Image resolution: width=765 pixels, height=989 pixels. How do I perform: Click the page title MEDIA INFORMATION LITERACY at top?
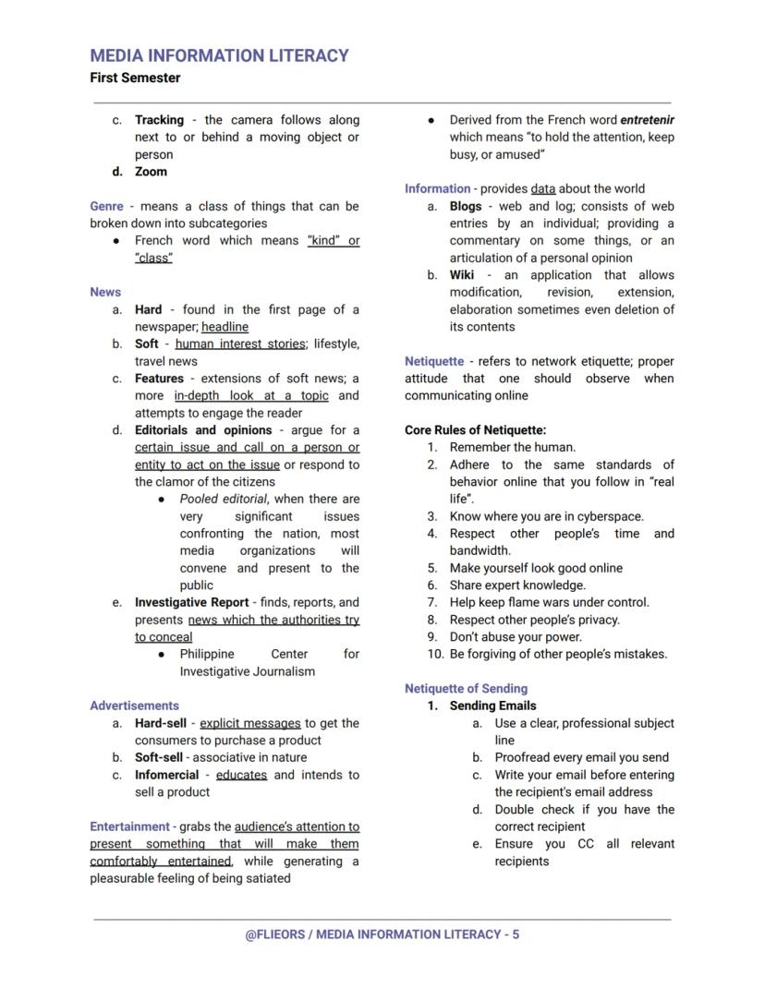click(x=219, y=55)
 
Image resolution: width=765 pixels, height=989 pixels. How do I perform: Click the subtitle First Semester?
click(x=135, y=78)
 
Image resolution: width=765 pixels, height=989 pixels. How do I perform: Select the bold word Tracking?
click(x=159, y=120)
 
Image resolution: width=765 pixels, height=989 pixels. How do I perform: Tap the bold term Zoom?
click(x=151, y=172)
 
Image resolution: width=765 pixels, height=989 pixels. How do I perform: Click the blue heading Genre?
click(x=106, y=206)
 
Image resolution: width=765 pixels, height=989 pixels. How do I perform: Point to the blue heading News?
click(x=105, y=292)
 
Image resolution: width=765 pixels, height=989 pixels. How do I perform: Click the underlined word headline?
click(x=225, y=327)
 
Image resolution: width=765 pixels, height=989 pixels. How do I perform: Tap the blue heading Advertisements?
click(x=134, y=706)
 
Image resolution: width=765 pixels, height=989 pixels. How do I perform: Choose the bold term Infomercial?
click(x=166, y=775)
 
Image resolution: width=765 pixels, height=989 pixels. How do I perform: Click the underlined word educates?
click(x=241, y=775)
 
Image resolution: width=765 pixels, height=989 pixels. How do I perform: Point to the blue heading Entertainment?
click(x=129, y=826)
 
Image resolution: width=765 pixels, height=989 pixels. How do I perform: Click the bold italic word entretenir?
click(x=647, y=120)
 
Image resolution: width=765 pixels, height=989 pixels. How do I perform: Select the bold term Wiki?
click(x=463, y=275)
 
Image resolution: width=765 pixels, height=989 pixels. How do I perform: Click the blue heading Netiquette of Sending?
click(x=466, y=689)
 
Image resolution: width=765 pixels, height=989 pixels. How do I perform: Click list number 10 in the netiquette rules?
click(x=435, y=655)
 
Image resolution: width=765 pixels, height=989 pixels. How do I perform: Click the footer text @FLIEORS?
click(x=273, y=935)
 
